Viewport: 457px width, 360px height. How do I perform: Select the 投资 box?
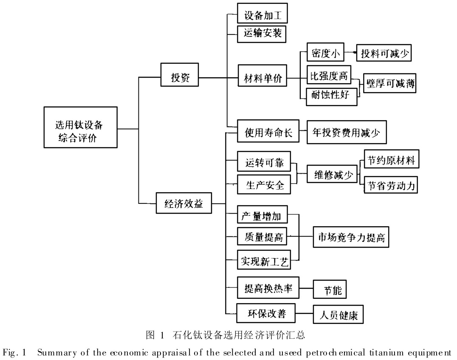[x=180, y=78]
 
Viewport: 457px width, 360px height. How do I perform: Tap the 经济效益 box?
[x=183, y=203]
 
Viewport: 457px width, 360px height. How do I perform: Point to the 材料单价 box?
[x=262, y=78]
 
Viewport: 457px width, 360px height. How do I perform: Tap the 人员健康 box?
[x=339, y=315]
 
